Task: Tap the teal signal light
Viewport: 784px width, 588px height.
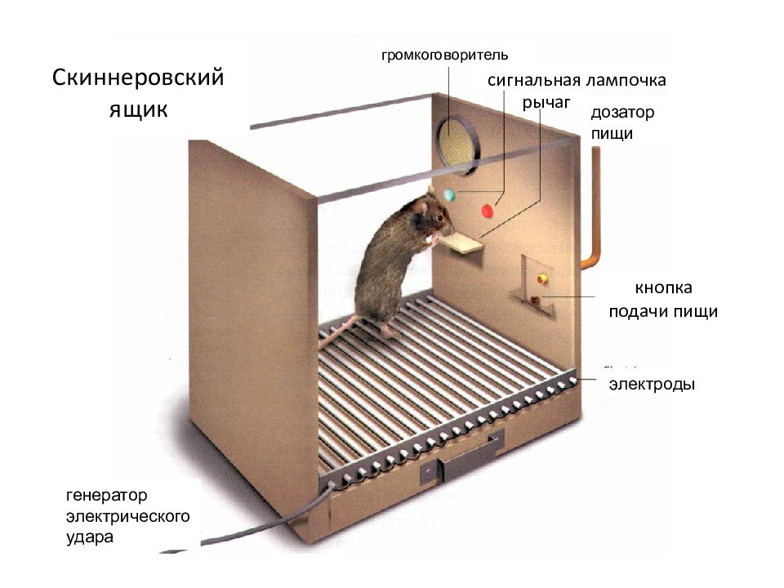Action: coord(449,194)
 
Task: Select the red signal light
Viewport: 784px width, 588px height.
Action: coord(487,211)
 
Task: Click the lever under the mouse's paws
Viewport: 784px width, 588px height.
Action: coord(463,244)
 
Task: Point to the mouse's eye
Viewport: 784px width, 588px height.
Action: coord(439,217)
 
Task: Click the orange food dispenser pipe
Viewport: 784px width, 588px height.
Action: coord(591,210)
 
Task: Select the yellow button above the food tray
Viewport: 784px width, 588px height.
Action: coord(541,278)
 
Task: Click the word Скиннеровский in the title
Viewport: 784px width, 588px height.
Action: coord(138,78)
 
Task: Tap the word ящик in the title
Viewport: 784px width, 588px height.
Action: coord(139,109)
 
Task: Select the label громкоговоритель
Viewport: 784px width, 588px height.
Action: coord(444,55)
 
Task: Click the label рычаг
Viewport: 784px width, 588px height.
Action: coord(546,103)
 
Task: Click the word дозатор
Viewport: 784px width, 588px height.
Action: coord(622,113)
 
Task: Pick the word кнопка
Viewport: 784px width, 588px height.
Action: coord(663,288)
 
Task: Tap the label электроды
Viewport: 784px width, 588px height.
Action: coord(652,385)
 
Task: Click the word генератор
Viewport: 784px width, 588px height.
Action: coord(106,496)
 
